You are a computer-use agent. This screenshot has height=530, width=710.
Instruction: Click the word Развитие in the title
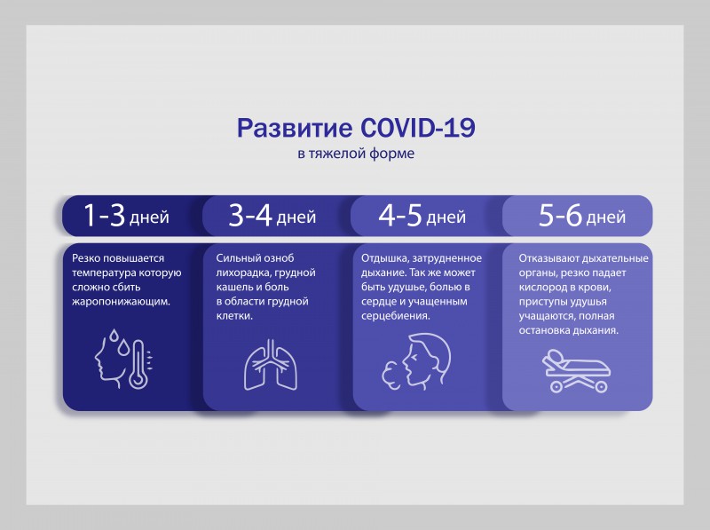295,128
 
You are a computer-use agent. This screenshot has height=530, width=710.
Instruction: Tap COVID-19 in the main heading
418,127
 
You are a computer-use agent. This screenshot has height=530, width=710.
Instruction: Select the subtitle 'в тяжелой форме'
356,154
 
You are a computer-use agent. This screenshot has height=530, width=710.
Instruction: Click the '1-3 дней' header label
126,216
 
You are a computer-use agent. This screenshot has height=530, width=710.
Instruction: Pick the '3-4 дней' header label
272,216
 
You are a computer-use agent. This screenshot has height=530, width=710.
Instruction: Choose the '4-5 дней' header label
422,216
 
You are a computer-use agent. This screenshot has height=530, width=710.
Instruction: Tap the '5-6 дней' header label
582,216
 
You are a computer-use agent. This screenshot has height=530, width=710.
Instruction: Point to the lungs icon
272,365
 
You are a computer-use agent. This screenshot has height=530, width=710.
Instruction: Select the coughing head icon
416,362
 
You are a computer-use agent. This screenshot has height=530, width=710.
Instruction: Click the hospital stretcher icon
576,370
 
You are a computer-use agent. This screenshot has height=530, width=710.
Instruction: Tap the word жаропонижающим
121,302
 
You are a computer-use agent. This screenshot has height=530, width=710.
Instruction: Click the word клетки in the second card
234,316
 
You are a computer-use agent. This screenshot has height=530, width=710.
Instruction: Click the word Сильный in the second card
236,258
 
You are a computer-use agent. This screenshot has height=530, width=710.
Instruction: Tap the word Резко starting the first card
86,258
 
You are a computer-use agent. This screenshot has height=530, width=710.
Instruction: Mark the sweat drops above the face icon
119,342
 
